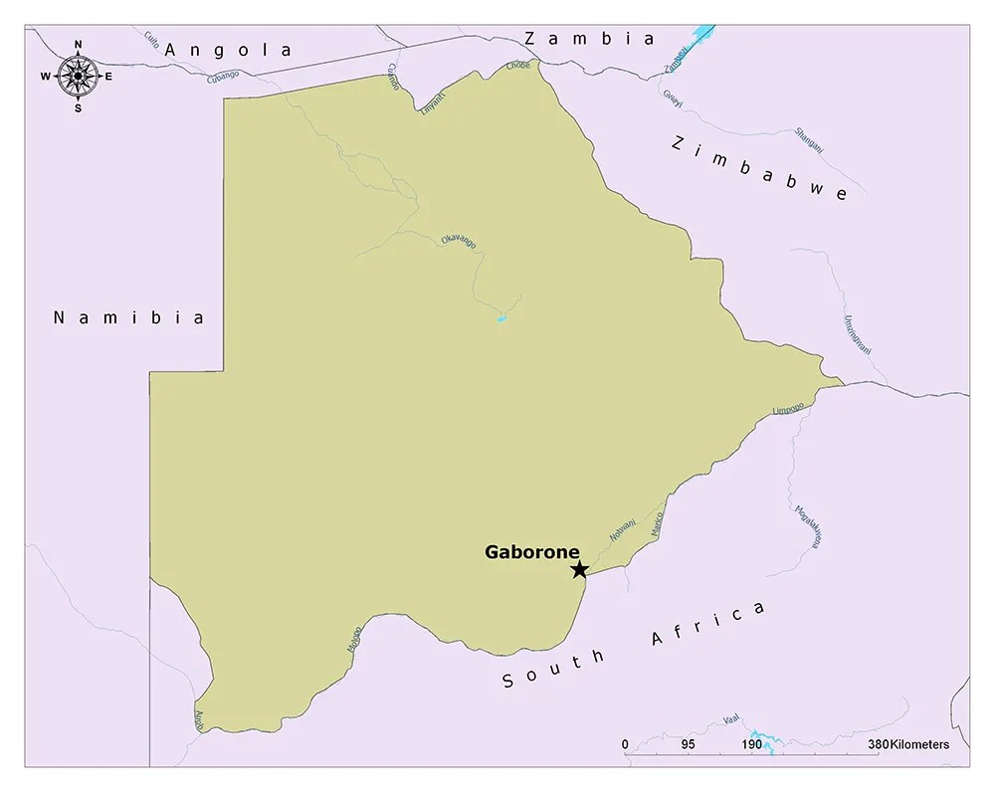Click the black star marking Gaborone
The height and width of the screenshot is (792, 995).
(579, 569)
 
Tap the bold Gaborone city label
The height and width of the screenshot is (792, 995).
(531, 552)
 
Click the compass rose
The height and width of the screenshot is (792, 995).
(78, 76)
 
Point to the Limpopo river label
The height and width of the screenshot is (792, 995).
(788, 409)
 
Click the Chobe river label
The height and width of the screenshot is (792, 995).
(518, 66)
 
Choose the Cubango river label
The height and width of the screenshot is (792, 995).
(224, 76)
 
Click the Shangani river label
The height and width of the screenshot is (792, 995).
(809, 139)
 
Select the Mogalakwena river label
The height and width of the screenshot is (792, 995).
(807, 526)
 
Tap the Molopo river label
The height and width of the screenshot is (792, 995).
(353, 638)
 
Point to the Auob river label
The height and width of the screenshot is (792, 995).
(199, 719)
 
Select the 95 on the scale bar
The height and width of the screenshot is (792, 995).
(688, 744)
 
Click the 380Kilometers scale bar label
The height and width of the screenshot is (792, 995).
(907, 744)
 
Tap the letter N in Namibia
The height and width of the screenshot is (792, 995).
(59, 318)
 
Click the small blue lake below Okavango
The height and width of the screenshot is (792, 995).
(501, 318)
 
